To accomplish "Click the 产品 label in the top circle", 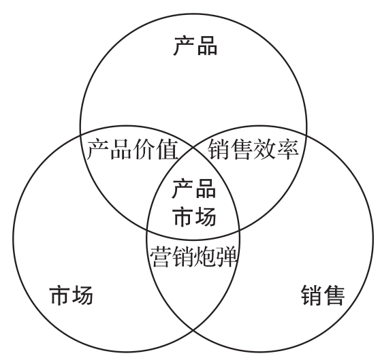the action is [195, 46].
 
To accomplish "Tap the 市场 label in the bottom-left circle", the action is [72, 295].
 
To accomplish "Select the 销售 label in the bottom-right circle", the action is [323, 295].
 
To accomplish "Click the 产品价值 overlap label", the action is [132, 149].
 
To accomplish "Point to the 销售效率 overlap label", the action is [253, 149].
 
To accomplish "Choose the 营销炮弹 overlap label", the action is [193, 257].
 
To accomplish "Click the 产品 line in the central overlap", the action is [194, 189].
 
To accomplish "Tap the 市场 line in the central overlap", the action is [195, 216].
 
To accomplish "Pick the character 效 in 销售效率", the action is [264, 149].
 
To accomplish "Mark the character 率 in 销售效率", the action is [287, 149].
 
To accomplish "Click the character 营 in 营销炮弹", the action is [160, 257].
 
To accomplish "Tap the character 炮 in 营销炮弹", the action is [204, 257].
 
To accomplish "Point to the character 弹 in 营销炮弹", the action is [226, 257].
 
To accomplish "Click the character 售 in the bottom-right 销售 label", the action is [334, 295].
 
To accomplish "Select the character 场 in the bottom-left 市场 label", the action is [82, 295].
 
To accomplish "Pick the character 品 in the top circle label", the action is [207, 46].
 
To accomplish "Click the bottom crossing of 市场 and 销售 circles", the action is [193, 329].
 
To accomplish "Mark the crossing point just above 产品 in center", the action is [193, 147].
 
